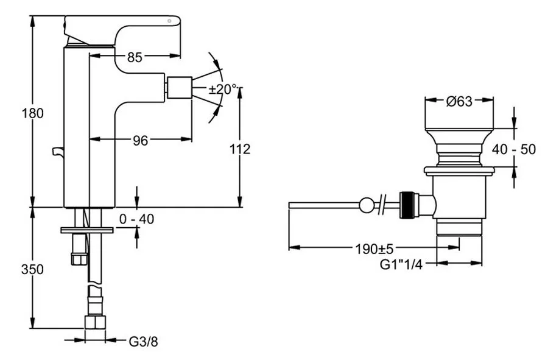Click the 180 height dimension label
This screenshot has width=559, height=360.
32,113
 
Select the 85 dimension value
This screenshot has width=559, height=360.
135,57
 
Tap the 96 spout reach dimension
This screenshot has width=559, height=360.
140,141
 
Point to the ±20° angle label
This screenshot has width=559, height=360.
223,89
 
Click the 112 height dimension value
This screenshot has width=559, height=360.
240,149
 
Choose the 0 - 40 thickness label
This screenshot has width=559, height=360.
136,219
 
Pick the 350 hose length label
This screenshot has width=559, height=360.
32,269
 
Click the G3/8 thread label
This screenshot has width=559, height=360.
143,342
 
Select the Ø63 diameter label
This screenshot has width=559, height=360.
459,102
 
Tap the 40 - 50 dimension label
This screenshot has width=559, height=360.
514,149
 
